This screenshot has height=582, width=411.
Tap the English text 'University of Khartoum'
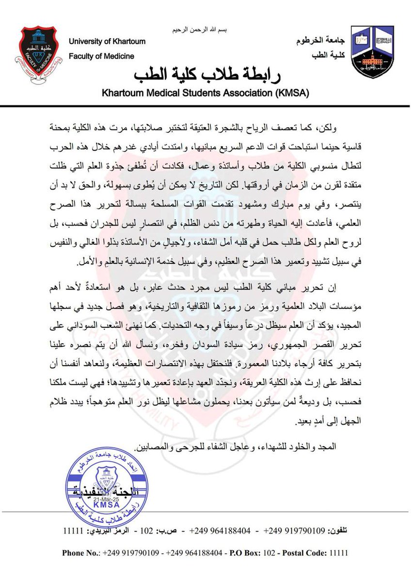click(107, 42)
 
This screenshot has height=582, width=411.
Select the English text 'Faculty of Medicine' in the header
click(101, 56)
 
